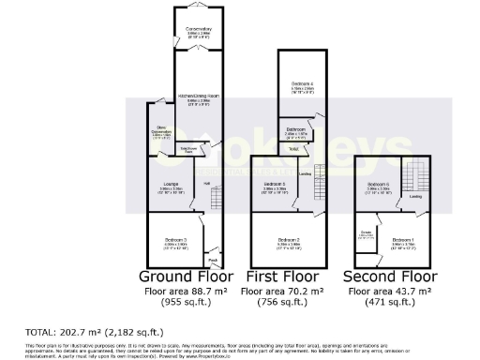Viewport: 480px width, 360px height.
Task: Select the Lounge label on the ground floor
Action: point(171,183)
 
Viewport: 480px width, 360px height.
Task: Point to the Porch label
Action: point(213,260)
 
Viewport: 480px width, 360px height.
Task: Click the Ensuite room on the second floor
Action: point(367,235)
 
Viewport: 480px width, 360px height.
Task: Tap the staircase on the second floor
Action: point(412,176)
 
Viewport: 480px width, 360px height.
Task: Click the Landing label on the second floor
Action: point(414,197)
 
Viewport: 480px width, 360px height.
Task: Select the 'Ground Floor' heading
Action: point(186,277)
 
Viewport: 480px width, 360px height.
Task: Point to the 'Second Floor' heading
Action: point(389,277)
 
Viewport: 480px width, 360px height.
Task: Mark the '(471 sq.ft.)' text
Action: point(389,303)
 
